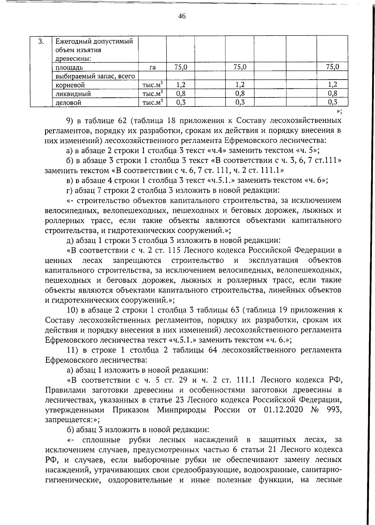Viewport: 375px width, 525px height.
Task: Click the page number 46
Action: [x=182, y=16]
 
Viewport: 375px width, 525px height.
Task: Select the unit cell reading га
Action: [x=152, y=67]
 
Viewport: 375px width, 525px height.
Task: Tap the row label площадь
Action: [x=69, y=67]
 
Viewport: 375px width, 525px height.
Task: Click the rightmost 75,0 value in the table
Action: [x=332, y=67]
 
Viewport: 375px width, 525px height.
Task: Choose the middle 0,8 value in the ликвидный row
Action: [x=240, y=93]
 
